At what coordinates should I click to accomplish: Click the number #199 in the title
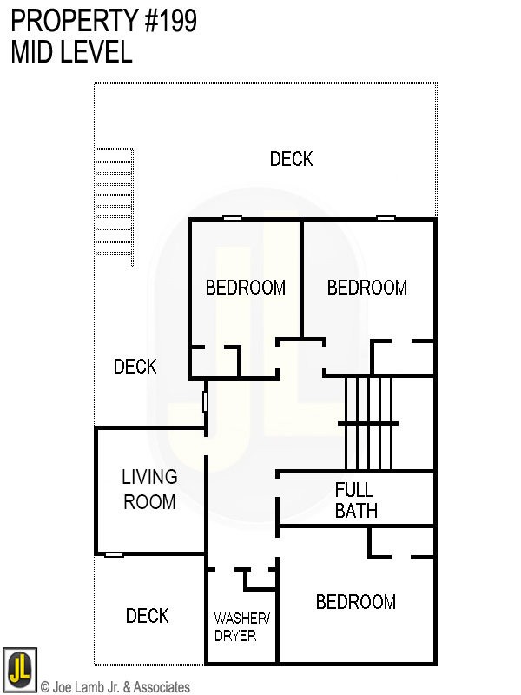coord(170,21)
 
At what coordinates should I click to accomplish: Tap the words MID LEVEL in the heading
coord(72,51)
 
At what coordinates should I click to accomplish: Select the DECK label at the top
coord(292,159)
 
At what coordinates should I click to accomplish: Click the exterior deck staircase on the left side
coord(115,207)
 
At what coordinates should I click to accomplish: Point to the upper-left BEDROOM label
coord(246,288)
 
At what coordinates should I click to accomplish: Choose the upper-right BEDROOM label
coord(367,288)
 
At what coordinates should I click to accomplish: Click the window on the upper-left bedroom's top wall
coord(232,218)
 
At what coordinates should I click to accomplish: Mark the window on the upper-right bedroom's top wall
coord(386,218)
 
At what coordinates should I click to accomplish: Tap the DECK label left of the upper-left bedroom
coord(135,367)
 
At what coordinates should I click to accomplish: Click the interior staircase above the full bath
coord(368,423)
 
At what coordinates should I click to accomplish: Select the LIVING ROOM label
coord(149,489)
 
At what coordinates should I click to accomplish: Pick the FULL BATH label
coord(356,500)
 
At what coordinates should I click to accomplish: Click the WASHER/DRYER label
coord(242,626)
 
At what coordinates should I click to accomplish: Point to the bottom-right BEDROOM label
coord(356,602)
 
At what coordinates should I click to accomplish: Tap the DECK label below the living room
coord(148,616)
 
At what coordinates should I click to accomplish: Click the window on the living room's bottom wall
coord(114,554)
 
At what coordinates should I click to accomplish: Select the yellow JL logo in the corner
coord(19,670)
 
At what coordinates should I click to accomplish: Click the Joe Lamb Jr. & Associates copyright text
coord(115,687)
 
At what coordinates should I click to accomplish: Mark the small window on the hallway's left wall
coord(205,401)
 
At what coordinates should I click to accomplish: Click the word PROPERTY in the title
coord(75,21)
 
